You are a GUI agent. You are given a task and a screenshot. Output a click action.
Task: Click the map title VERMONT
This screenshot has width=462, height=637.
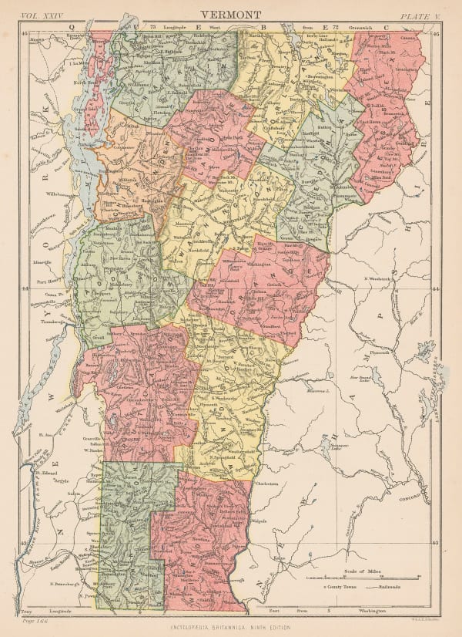pyautogui.click(x=230, y=15)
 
